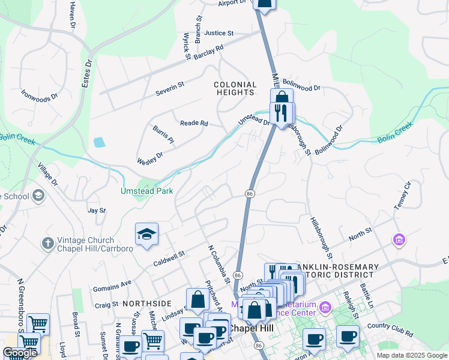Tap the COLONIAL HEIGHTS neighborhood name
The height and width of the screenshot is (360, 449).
[x=235, y=89]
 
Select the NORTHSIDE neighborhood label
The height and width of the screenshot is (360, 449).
[x=146, y=304]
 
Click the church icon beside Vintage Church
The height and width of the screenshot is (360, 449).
[x=48, y=244]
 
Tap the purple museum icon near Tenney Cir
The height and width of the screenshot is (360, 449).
[x=399, y=240]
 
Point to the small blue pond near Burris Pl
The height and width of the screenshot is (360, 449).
[x=99, y=142]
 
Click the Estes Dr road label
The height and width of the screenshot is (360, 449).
[x=88, y=71]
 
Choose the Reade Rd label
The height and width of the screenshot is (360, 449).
[x=194, y=123]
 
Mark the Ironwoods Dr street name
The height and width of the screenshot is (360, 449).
[x=39, y=94]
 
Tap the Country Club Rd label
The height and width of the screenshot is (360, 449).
[x=390, y=329]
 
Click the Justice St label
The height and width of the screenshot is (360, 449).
[x=218, y=34]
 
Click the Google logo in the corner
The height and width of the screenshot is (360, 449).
[x=20, y=353]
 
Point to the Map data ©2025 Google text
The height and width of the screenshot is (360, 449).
[x=411, y=355]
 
